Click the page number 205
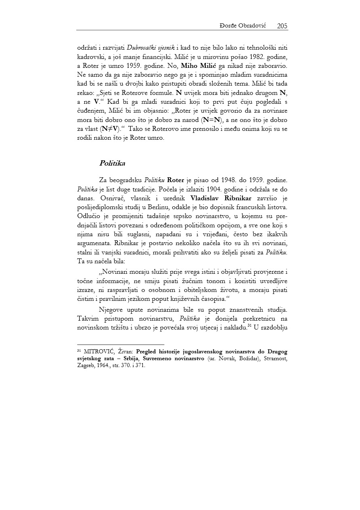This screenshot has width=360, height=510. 282,26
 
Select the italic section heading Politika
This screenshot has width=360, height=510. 112,164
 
